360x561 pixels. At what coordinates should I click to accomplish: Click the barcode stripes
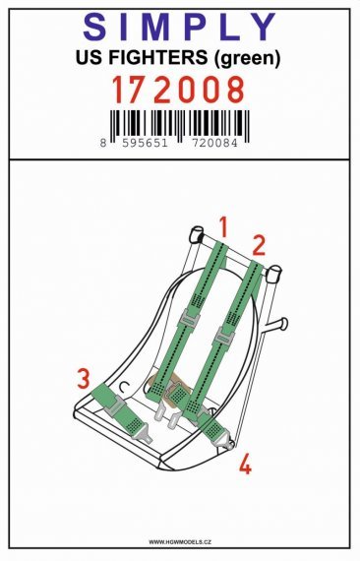tap(179, 123)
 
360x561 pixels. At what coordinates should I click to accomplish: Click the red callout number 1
tap(223, 228)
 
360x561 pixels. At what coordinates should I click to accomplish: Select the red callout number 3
tap(85, 378)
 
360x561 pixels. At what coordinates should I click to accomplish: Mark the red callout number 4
tap(245, 463)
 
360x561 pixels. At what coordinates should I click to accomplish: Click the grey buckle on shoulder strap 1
tap(188, 318)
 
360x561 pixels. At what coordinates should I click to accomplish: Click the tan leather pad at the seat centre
tap(162, 391)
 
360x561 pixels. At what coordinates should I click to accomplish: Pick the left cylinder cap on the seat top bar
tap(194, 236)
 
